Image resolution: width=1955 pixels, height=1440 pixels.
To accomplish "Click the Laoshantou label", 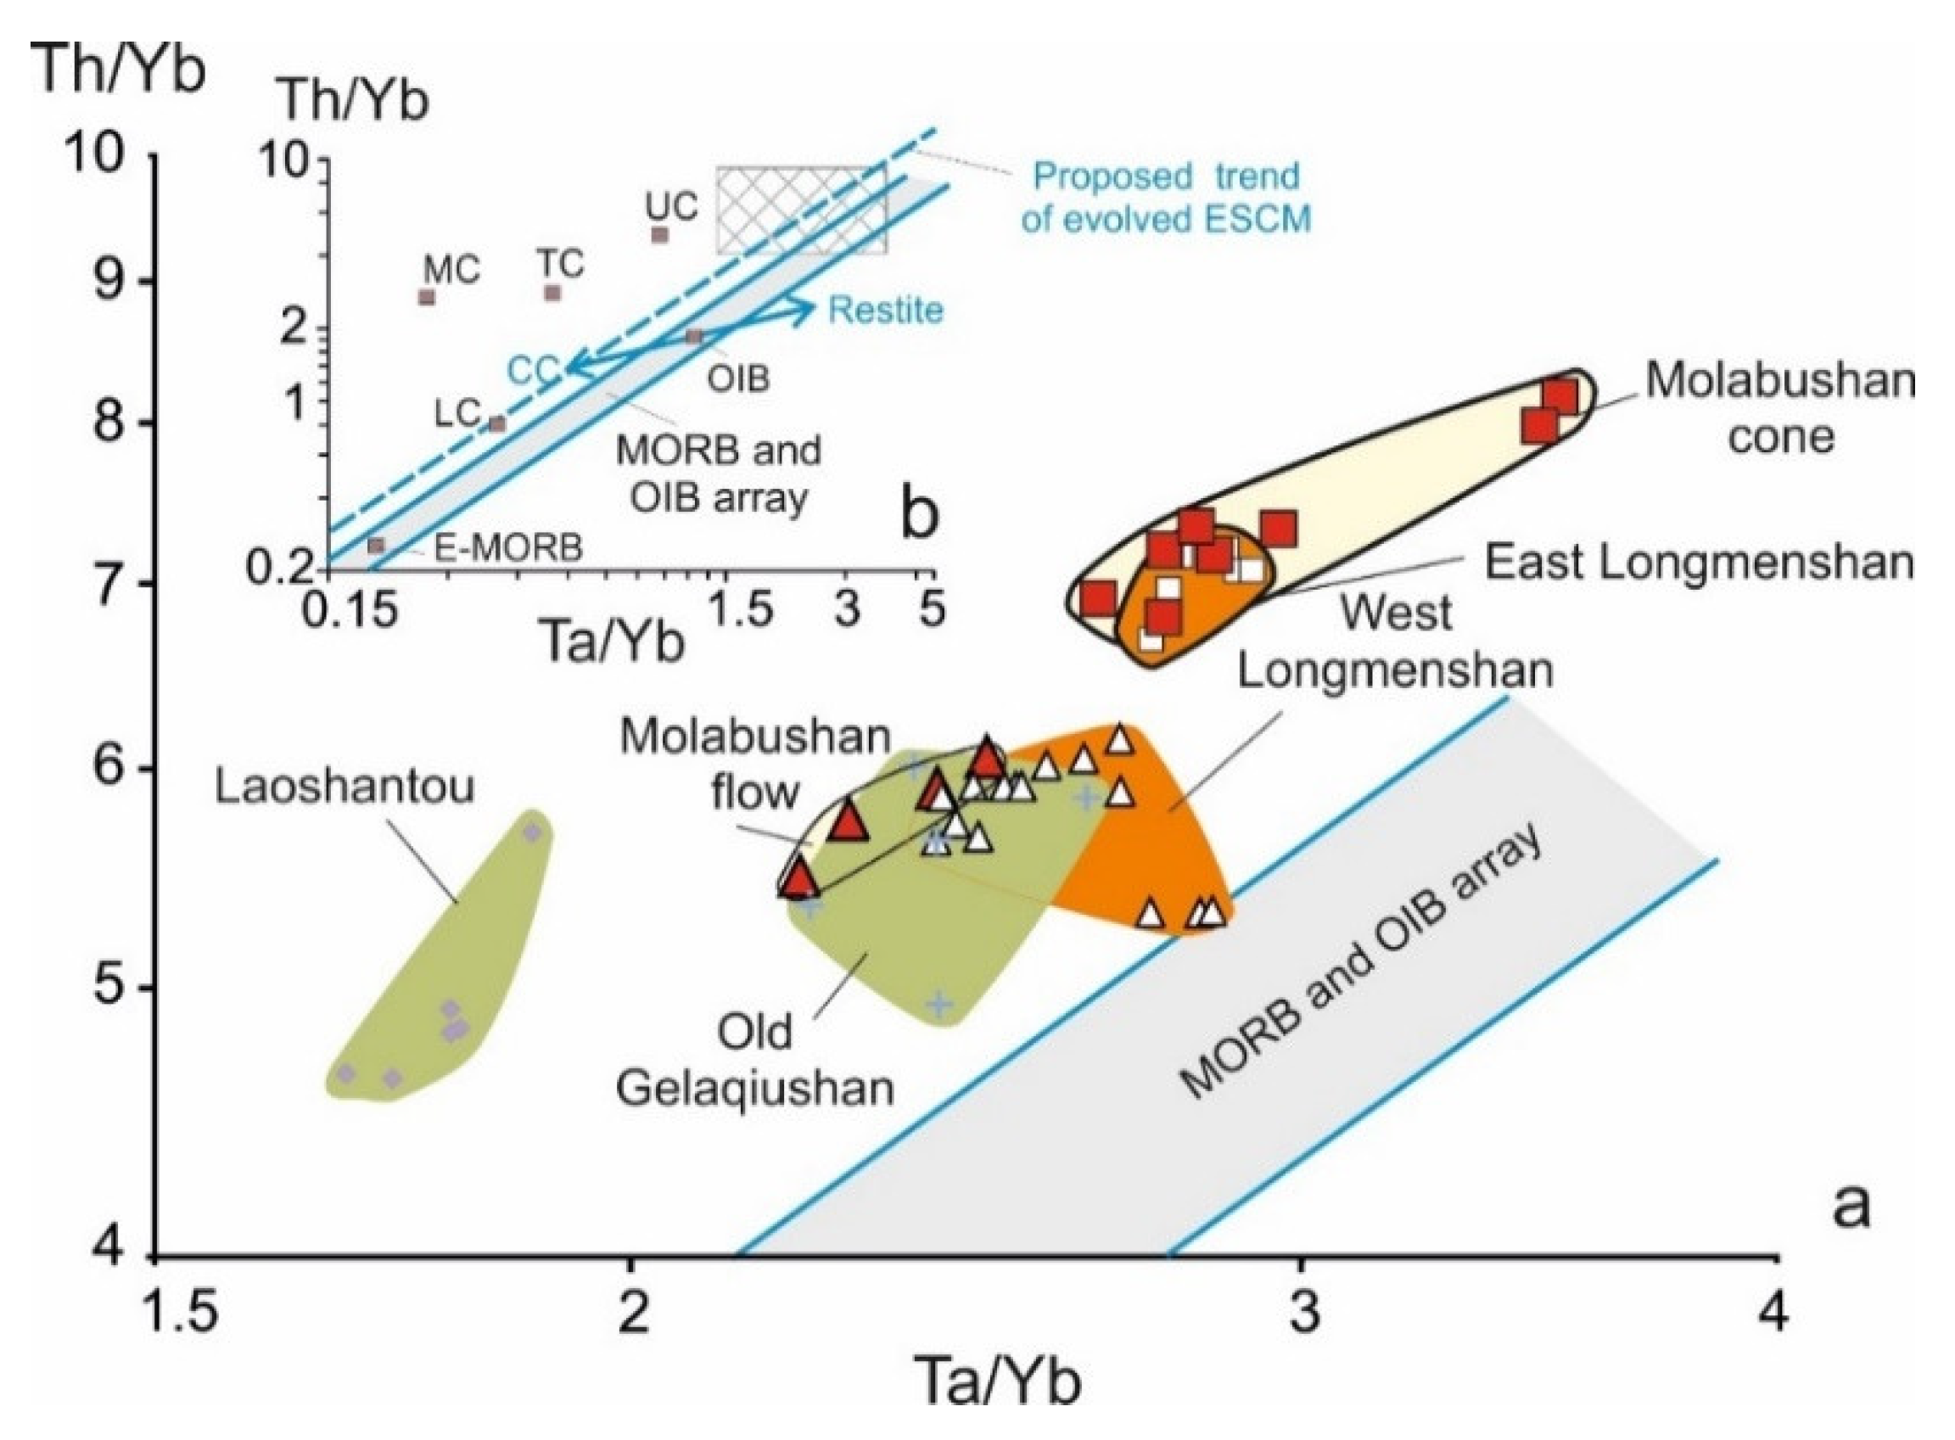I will pyautogui.click(x=345, y=787).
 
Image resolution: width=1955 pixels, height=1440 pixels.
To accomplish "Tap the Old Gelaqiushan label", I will pyautogui.click(x=755, y=1060).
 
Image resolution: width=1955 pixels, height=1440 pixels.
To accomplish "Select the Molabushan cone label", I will pyautogui.click(x=1780, y=408).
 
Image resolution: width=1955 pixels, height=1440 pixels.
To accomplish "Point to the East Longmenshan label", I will pyautogui.click(x=1699, y=563).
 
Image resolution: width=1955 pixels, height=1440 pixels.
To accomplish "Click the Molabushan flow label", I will pyautogui.click(x=755, y=765).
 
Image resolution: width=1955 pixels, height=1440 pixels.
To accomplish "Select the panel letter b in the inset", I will pyautogui.click(x=918, y=514).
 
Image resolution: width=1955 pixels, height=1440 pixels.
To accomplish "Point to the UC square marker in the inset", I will pyautogui.click(x=660, y=234).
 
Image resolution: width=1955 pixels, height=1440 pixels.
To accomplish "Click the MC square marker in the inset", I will pyautogui.click(x=426, y=297).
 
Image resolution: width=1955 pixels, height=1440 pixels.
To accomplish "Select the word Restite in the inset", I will pyautogui.click(x=885, y=311).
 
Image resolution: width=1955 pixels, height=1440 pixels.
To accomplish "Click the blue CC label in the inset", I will pyautogui.click(x=534, y=372).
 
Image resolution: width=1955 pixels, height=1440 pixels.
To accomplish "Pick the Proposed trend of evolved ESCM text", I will pyautogui.click(x=1165, y=198).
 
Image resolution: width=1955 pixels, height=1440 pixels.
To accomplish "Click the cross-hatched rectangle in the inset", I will pyautogui.click(x=801, y=210).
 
